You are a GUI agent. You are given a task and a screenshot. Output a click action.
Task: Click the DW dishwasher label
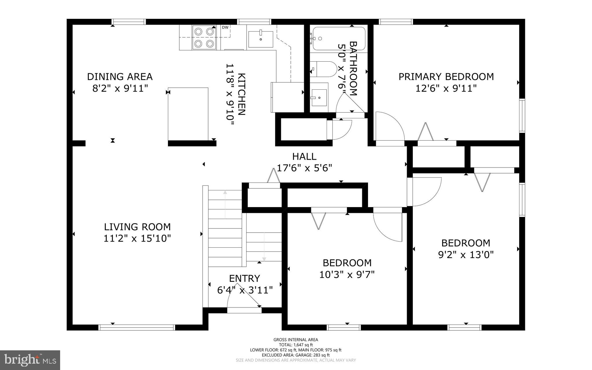tap(225, 27)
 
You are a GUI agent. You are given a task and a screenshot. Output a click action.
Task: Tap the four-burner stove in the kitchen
tap(204, 37)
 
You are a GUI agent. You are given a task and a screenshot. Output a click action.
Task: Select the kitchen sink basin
tap(260, 39)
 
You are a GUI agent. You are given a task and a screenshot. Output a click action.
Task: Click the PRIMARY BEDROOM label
tap(446, 77)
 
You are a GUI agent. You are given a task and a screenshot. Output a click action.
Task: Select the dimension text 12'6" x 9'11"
tap(446, 88)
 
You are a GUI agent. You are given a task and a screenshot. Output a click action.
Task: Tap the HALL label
tap(304, 157)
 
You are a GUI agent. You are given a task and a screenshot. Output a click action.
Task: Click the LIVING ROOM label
tap(137, 227)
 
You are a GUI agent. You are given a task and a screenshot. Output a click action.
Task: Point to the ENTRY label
tap(245, 278)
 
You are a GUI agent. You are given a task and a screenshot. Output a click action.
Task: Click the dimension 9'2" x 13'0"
tap(466, 255)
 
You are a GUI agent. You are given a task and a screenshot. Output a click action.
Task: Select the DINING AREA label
tap(120, 77)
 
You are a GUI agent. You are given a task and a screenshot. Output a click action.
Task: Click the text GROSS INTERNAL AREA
tap(296, 340)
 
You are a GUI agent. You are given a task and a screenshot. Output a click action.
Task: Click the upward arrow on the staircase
tap(225, 204)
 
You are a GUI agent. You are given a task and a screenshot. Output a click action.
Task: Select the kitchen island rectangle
tap(188, 114)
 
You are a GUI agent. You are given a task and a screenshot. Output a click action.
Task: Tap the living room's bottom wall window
tap(137, 327)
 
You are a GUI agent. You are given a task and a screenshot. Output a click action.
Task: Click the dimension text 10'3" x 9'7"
tap(347, 275)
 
